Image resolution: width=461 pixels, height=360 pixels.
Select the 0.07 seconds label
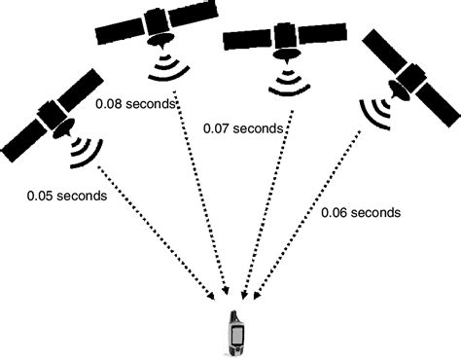(243, 127)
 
